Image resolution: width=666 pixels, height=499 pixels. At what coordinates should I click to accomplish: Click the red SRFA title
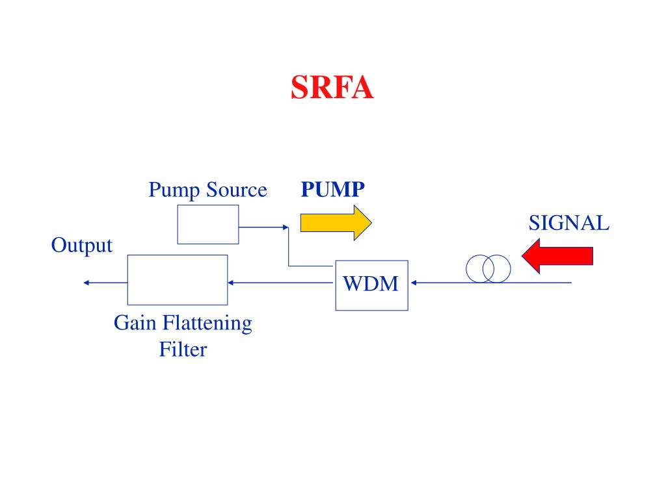(332, 88)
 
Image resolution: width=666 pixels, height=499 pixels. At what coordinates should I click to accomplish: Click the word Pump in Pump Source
(174, 190)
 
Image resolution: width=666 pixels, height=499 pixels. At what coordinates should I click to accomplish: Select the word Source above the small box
(237, 189)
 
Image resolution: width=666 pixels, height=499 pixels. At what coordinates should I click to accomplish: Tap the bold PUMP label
(332, 189)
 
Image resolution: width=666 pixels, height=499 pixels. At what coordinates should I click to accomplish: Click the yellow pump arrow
(336, 223)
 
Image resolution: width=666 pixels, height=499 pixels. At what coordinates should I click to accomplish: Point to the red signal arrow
(557, 256)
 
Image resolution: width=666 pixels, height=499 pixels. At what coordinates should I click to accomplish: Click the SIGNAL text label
(568, 224)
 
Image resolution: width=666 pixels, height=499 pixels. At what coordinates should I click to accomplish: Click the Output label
(81, 245)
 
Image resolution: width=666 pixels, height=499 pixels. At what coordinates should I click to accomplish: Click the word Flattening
(207, 324)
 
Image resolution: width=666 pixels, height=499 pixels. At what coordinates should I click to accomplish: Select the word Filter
(183, 350)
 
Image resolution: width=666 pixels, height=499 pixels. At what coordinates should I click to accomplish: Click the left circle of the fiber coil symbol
(466, 268)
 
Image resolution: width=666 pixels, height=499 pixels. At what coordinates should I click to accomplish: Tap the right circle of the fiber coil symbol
(511, 268)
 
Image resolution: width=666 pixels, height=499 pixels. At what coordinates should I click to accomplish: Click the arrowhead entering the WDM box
(413, 283)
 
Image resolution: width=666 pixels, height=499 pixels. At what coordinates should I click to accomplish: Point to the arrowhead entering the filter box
(231, 283)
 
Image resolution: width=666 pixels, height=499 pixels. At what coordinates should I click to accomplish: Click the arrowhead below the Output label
(87, 283)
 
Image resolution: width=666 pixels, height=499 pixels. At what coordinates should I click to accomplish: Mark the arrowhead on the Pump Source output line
(286, 227)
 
